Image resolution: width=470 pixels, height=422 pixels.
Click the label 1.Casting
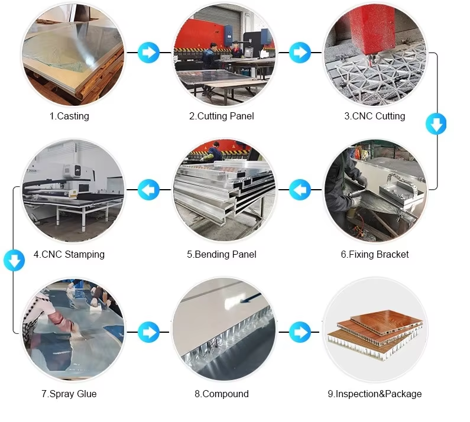69,116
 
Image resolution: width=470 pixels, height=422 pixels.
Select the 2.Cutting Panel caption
221,116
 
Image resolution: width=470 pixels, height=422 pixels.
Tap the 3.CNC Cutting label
375,116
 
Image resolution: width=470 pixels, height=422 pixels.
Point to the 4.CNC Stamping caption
69,255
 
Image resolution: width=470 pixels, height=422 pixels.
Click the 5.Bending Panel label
222,255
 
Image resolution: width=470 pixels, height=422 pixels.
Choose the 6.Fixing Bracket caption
375,255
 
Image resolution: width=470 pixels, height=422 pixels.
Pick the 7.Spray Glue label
69,394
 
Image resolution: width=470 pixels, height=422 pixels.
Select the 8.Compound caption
221,394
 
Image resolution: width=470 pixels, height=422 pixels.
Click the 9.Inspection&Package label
375,394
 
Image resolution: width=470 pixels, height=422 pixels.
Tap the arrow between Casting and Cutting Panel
148,52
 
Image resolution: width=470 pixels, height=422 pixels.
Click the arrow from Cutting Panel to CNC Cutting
300,52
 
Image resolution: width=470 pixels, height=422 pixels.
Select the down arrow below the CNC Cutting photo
436,124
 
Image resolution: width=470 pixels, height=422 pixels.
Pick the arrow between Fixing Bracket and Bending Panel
300,190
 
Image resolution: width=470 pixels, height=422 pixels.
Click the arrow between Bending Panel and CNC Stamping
148,190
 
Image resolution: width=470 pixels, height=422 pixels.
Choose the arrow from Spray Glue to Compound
148,332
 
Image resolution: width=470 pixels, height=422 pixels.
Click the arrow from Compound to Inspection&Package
300,332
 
